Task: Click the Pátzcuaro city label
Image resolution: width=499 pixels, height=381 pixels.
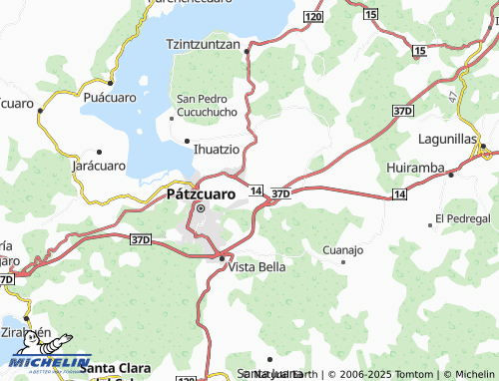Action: pos(200,194)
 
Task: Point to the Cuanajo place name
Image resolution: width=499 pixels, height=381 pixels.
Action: pos(343,249)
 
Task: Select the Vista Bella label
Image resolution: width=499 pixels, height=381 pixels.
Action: pos(257,267)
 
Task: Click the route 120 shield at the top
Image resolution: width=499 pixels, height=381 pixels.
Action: pos(313,17)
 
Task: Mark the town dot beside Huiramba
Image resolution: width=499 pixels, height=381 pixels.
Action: pos(450,175)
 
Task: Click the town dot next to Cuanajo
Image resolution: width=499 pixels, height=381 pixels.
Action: pos(343,262)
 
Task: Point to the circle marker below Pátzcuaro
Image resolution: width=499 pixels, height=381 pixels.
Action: pos(200,208)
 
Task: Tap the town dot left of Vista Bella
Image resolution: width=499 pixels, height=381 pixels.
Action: pos(222,258)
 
